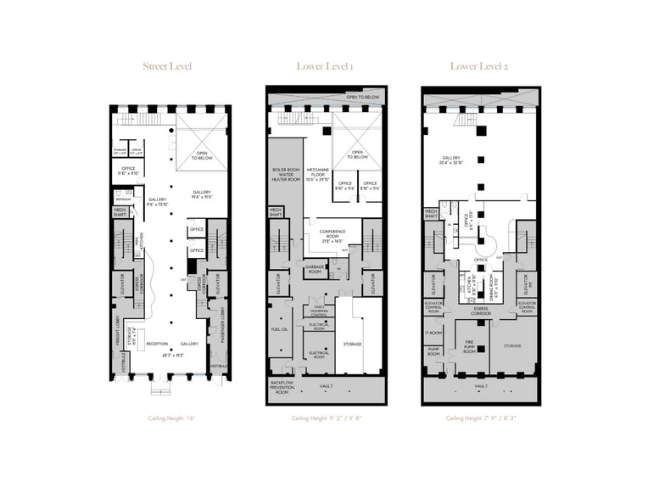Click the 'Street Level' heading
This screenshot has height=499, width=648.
coord(167,65)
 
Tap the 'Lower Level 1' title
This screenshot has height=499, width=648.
coord(326,65)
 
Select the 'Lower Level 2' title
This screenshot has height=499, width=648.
coord(480,65)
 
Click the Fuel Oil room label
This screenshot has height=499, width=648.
coord(278,328)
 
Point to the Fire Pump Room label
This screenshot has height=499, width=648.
coord(469,345)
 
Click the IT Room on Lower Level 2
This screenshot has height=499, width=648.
coord(433,332)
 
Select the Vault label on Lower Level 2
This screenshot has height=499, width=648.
coord(481,385)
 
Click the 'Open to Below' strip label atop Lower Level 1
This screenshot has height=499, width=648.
coord(360,98)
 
